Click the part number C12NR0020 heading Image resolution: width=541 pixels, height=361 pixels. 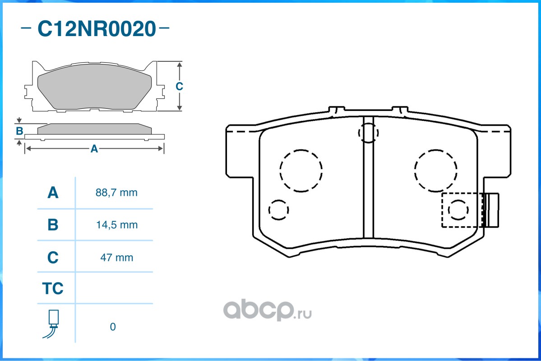click(97, 28)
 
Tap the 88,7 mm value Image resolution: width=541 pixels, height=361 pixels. click(116, 193)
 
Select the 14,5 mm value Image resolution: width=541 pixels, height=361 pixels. click(117, 225)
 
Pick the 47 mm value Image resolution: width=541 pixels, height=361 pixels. click(116, 258)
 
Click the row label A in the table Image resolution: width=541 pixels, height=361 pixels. click(53, 193)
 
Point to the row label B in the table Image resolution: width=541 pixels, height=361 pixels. click(53, 225)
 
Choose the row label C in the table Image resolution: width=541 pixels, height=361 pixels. click(53, 258)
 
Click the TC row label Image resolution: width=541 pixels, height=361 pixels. click(53, 288)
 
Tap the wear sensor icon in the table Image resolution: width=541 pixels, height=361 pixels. click(52, 324)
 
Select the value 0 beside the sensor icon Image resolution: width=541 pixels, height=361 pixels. click(113, 327)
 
